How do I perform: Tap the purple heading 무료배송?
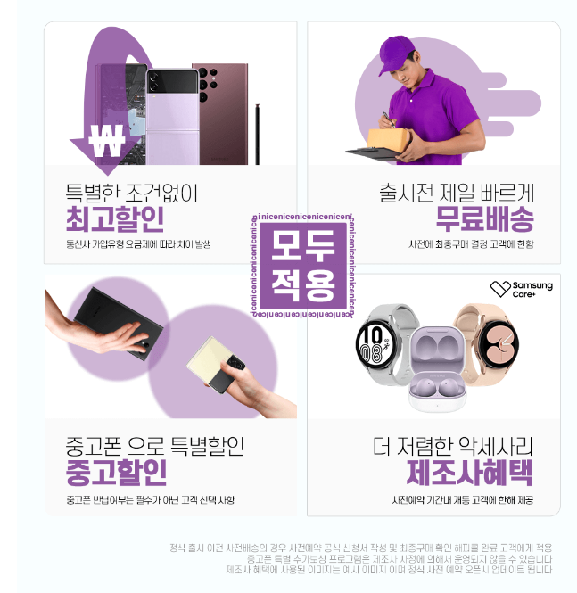pyautogui.click(x=484, y=218)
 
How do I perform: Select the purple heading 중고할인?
pyautogui.click(x=116, y=472)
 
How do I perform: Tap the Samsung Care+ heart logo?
pyautogui.click(x=499, y=288)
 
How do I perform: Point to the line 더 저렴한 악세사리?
pyautogui.click(x=452, y=445)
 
